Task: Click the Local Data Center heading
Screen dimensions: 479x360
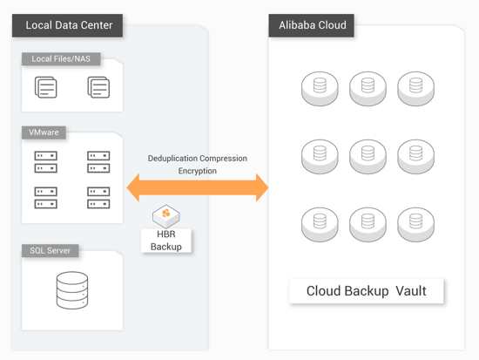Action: (68, 25)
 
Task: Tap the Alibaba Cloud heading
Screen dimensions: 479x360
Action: (312, 25)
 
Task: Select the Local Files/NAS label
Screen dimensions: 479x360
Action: (61, 59)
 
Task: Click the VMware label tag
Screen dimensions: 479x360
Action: (44, 132)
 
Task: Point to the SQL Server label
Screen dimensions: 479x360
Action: (51, 251)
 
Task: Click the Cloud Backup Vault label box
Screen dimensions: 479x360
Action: (367, 291)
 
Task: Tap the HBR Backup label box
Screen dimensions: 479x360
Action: (166, 241)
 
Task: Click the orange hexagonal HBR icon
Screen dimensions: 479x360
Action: (166, 216)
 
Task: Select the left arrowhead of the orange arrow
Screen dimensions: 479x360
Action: (133, 187)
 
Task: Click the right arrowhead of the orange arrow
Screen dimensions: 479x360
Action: (262, 187)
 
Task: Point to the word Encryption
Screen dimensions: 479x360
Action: (198, 171)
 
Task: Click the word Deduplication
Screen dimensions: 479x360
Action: (172, 159)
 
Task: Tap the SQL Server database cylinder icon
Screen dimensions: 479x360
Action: (72, 290)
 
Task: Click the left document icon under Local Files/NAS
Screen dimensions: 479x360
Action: (46, 87)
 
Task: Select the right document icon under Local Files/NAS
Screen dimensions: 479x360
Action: (98, 87)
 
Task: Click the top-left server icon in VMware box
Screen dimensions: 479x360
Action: (46, 162)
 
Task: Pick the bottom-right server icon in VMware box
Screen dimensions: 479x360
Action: (98, 198)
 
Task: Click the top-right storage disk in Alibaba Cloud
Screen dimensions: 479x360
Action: (415, 89)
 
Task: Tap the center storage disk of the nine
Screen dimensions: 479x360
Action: (368, 157)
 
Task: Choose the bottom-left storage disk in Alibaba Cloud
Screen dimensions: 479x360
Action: (320, 225)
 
